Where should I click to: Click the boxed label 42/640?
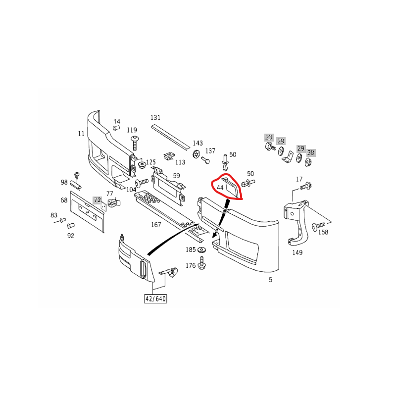click(x=155, y=299)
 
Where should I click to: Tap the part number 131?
click(x=155, y=117)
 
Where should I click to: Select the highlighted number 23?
click(x=269, y=137)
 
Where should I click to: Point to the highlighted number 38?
click(x=311, y=152)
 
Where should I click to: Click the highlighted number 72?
click(x=98, y=200)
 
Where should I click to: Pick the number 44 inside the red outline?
click(x=220, y=188)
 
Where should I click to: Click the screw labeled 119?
click(x=135, y=143)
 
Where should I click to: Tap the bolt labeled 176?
click(x=201, y=263)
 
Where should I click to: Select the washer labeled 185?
click(x=201, y=250)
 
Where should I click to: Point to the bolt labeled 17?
click(x=306, y=186)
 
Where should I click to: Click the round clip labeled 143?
click(x=196, y=154)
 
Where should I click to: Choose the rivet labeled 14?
click(x=116, y=128)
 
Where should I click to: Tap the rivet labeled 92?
click(x=71, y=226)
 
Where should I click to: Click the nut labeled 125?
click(x=142, y=166)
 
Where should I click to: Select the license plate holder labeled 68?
click(x=87, y=211)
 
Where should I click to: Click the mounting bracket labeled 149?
click(x=297, y=222)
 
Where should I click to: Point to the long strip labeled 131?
click(x=170, y=137)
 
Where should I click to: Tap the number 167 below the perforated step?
click(x=156, y=225)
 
